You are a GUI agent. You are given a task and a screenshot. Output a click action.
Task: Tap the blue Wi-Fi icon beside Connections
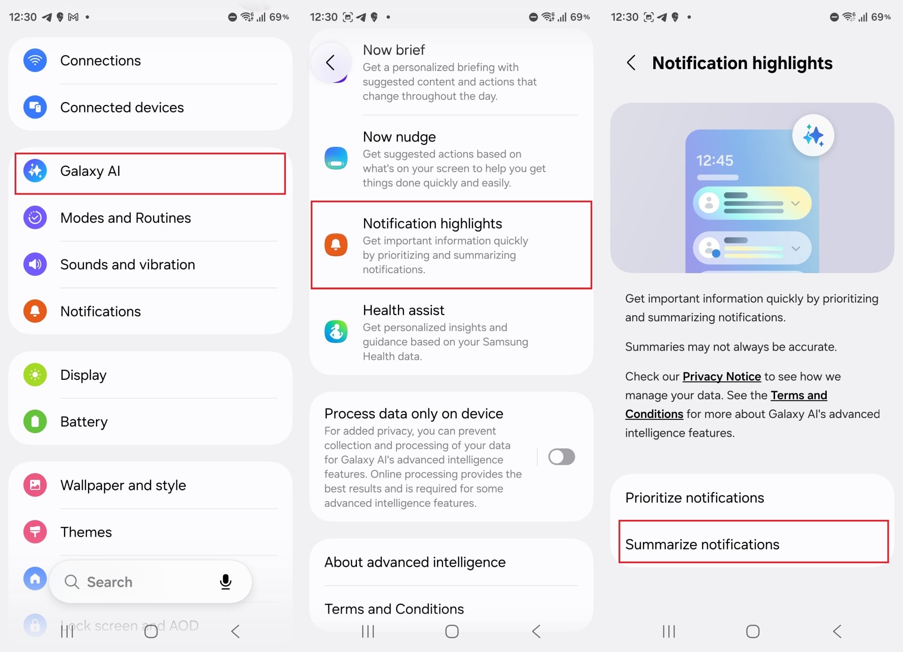(35, 61)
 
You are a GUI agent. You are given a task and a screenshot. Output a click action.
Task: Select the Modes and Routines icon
(35, 218)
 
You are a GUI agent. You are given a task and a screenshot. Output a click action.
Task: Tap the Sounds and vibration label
(127, 265)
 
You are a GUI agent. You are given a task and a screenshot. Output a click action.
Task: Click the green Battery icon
(35, 422)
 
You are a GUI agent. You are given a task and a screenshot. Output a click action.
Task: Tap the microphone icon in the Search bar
(225, 582)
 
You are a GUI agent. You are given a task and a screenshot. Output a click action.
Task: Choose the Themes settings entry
(86, 532)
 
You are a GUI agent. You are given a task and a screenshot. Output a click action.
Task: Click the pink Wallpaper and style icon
(35, 485)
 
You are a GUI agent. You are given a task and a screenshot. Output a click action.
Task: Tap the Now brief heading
(394, 50)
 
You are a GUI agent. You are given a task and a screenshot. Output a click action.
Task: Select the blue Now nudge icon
(336, 158)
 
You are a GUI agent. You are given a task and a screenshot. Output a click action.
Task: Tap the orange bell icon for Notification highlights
(336, 245)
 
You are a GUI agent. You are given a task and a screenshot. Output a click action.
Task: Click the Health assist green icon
(336, 332)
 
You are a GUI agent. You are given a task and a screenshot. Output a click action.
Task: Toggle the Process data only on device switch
(562, 457)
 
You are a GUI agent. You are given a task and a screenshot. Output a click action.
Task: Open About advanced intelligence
(415, 562)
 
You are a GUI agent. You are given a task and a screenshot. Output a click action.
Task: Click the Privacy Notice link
(721, 377)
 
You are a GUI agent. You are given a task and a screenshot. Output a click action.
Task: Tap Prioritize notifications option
(695, 498)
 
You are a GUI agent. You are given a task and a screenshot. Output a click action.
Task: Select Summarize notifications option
(702, 544)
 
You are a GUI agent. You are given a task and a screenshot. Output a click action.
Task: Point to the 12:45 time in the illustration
(714, 161)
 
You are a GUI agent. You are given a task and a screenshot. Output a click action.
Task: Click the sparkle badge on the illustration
(813, 136)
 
